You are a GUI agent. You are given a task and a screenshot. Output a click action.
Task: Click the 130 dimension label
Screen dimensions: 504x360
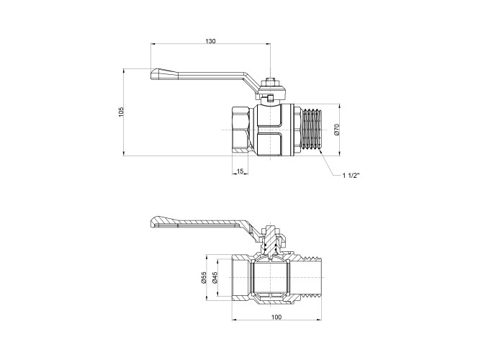point(210,41)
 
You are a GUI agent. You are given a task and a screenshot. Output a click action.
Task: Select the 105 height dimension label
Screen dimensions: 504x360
point(121,112)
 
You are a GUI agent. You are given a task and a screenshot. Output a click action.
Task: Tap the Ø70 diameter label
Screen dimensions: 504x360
point(336,129)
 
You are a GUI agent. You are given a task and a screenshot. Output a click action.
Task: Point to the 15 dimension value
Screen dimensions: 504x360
point(240,171)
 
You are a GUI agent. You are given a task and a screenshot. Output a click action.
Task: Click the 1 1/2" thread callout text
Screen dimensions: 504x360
point(351,176)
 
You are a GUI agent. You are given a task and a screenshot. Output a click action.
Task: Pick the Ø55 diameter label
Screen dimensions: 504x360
point(203,277)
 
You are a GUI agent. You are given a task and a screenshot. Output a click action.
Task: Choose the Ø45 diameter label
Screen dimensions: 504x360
point(215,277)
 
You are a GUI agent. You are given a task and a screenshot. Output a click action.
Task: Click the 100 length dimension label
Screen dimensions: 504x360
point(276,318)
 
